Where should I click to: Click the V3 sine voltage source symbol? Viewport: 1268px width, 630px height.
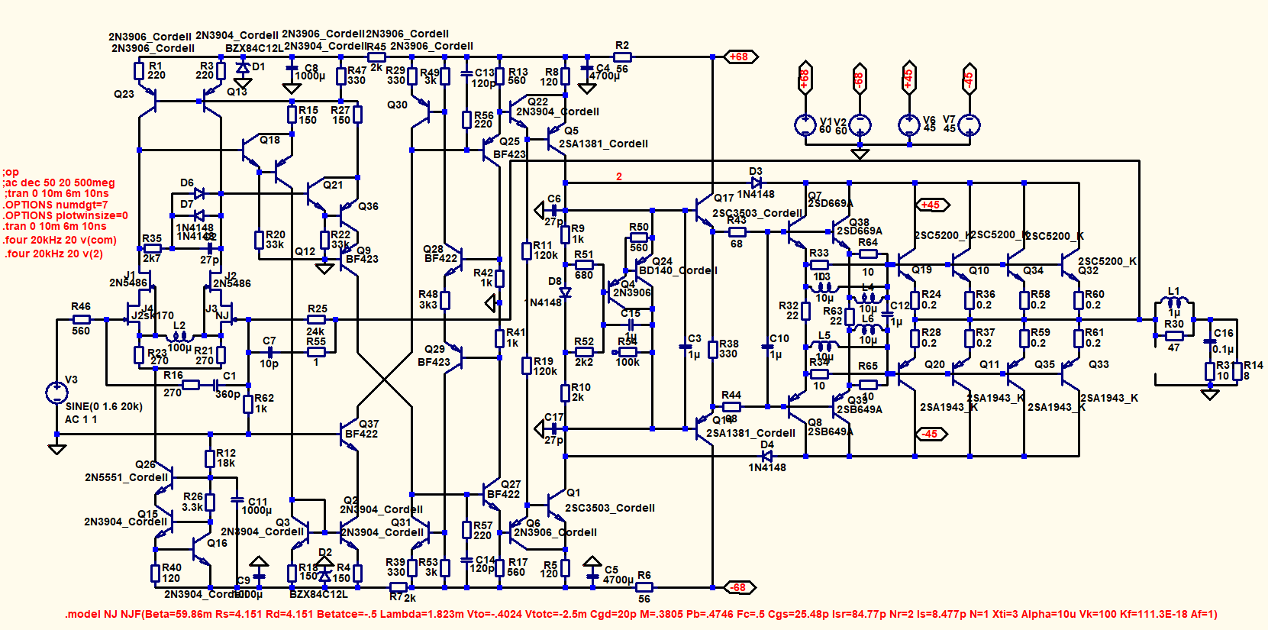[x=56, y=393]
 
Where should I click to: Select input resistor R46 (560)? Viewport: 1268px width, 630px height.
[x=81, y=320]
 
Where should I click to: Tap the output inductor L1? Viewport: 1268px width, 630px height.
[x=1174, y=303]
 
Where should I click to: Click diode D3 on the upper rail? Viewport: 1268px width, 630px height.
[x=756, y=183]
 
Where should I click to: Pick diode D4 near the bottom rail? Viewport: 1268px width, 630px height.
[x=767, y=456]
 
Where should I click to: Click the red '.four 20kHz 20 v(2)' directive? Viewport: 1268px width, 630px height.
[x=53, y=254]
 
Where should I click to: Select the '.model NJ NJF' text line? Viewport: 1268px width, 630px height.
[x=641, y=614]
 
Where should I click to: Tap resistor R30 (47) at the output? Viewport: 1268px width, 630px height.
[x=1174, y=336]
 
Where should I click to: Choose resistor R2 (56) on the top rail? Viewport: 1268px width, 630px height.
[x=622, y=57]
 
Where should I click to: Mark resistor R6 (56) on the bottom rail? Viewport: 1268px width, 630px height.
[x=644, y=587]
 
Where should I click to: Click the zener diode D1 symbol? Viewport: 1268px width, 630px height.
[x=244, y=68]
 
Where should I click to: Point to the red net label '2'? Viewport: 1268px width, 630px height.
[x=619, y=176]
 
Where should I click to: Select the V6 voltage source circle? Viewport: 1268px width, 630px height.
[x=908, y=124]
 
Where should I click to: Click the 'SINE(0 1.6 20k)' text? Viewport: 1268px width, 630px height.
[x=104, y=406]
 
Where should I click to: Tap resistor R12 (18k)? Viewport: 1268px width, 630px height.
[x=210, y=458]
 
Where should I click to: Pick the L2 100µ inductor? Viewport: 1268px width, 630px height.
[x=179, y=336]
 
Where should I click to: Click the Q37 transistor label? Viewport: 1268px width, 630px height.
[x=369, y=424]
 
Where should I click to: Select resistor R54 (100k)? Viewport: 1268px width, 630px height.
[x=628, y=352]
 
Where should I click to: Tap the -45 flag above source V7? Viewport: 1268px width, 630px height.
[x=969, y=78]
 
